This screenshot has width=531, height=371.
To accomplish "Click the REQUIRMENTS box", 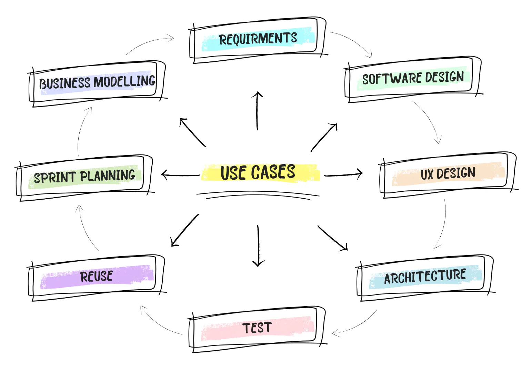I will [x=258, y=39].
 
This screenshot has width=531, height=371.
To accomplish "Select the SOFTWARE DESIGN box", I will [x=413, y=78].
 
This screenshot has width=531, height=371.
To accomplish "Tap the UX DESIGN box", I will [x=448, y=174].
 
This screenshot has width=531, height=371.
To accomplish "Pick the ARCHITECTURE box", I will [x=425, y=277].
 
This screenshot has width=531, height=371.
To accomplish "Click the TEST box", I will [x=257, y=328].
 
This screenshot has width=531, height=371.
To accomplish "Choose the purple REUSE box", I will [x=97, y=277].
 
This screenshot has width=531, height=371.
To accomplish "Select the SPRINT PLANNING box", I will [x=84, y=177].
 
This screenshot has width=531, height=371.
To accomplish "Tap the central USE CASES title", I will [x=258, y=172].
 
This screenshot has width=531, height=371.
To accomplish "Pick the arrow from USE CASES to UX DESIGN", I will [x=343, y=174].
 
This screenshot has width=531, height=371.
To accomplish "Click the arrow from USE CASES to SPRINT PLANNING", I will [x=180, y=175].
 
